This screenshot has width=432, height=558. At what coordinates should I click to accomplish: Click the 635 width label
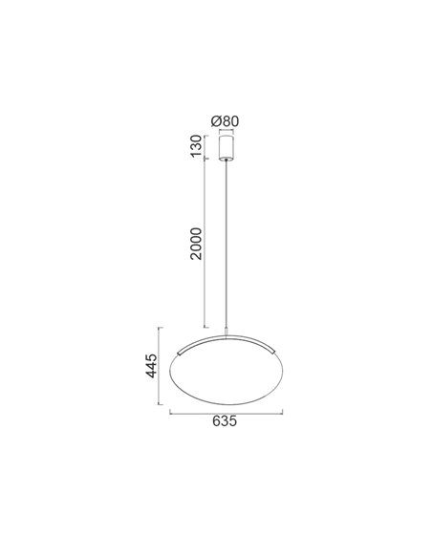[226, 421]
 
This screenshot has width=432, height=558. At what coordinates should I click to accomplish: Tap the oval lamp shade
[227, 376]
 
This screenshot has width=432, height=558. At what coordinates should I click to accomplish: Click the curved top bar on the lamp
[227, 340]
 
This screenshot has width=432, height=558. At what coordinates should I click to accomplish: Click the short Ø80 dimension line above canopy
[227, 131]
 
